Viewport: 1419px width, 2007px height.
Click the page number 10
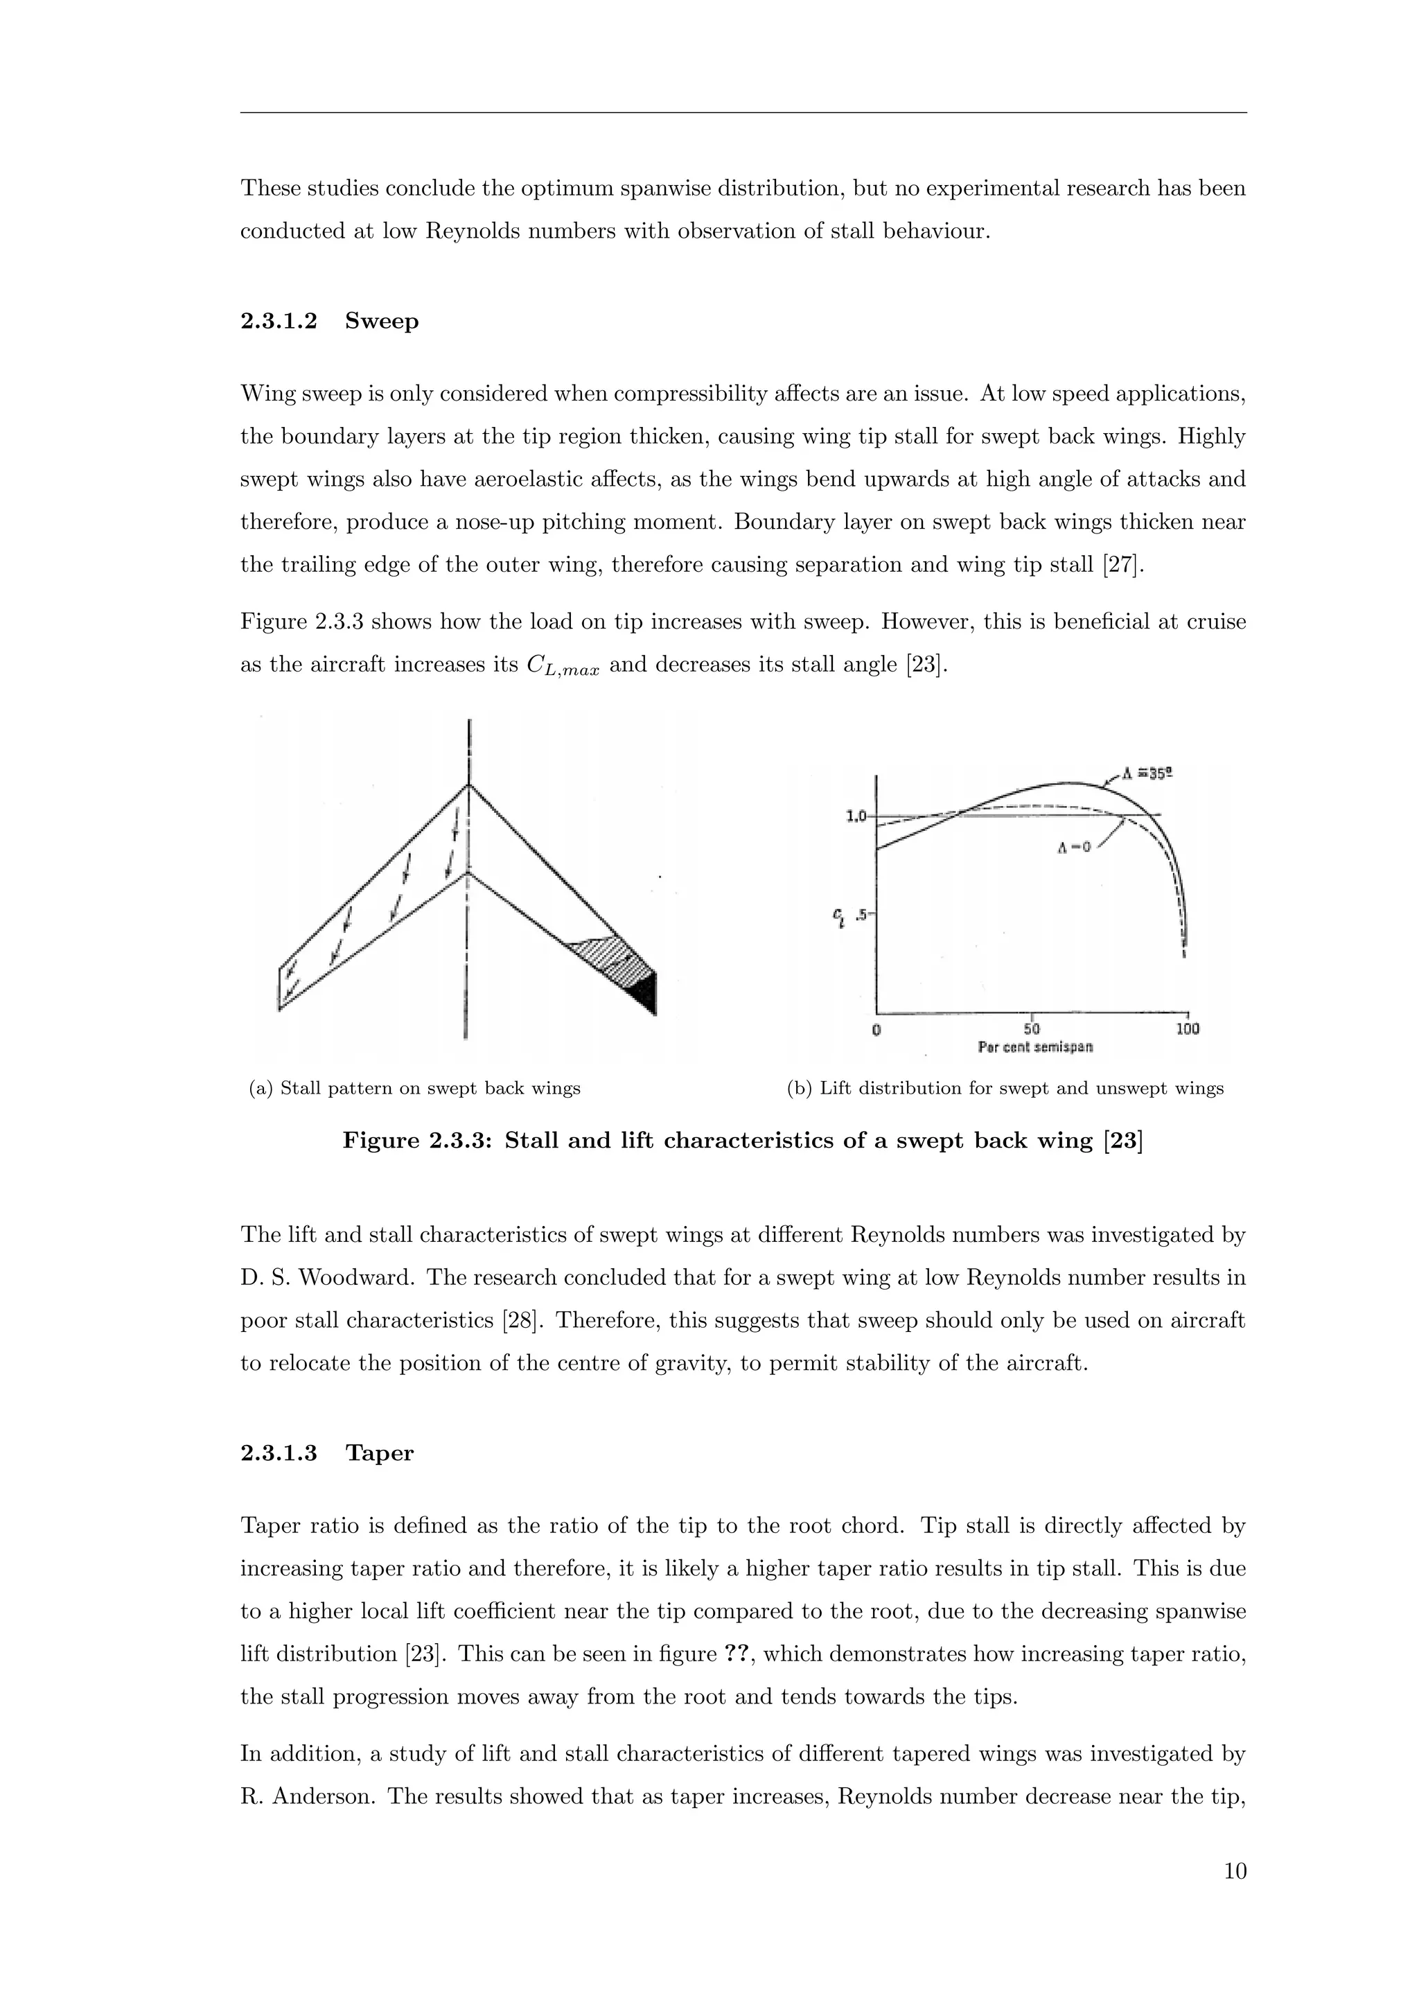(x=1235, y=1871)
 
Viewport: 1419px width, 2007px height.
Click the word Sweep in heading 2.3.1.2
(x=381, y=321)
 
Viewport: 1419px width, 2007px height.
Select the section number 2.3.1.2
(x=279, y=321)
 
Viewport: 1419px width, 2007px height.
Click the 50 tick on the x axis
(x=1031, y=1029)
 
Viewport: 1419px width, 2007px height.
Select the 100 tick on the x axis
(x=1187, y=1029)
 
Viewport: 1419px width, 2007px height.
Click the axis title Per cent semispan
(x=1035, y=1046)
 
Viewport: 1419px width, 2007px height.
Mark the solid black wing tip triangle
(x=646, y=992)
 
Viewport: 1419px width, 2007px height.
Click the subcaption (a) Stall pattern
(x=415, y=1088)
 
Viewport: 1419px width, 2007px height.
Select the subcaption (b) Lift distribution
(x=1005, y=1088)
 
